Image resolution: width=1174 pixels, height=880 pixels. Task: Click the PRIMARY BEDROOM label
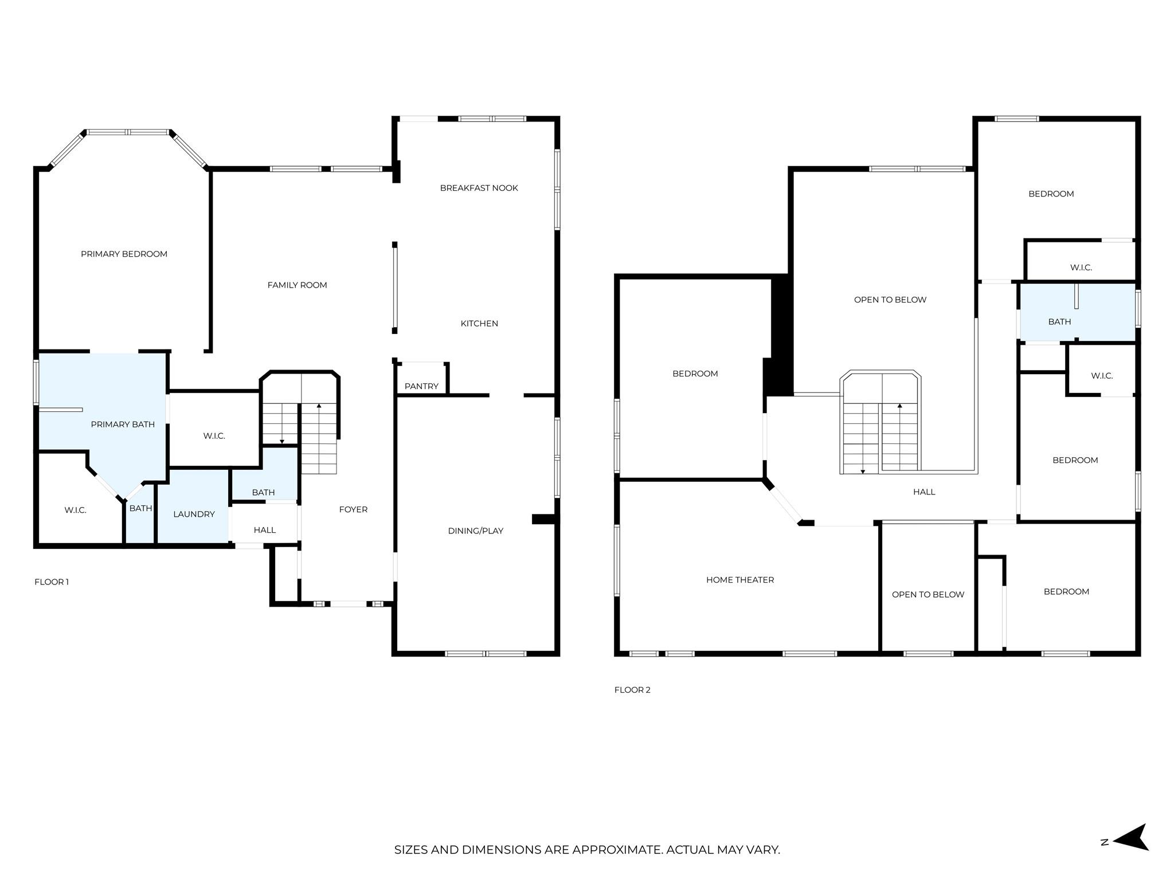(124, 254)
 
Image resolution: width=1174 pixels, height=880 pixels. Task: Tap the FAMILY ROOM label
(297, 285)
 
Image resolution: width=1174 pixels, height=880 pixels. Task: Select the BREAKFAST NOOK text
(479, 188)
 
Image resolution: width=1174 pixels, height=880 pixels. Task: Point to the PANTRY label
(421, 386)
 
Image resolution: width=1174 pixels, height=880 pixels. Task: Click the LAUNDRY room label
(194, 514)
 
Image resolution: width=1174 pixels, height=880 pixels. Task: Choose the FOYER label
(353, 509)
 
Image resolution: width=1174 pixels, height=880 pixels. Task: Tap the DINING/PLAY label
(475, 531)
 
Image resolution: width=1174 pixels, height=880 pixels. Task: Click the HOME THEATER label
(739, 580)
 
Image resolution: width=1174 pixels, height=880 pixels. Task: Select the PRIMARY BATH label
(123, 424)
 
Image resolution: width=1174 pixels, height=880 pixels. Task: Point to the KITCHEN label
(479, 323)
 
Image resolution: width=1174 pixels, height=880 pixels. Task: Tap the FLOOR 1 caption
(52, 582)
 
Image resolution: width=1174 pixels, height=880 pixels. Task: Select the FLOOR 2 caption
(632, 690)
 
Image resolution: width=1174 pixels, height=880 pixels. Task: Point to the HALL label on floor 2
(923, 492)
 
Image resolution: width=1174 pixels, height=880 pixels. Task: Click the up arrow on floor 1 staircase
(319, 406)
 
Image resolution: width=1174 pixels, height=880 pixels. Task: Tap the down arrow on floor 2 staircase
(862, 470)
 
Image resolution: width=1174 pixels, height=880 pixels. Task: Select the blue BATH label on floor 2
(1059, 321)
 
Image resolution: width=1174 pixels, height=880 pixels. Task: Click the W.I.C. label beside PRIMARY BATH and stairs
(214, 436)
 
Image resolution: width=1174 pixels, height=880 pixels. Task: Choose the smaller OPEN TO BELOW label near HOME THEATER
(928, 594)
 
